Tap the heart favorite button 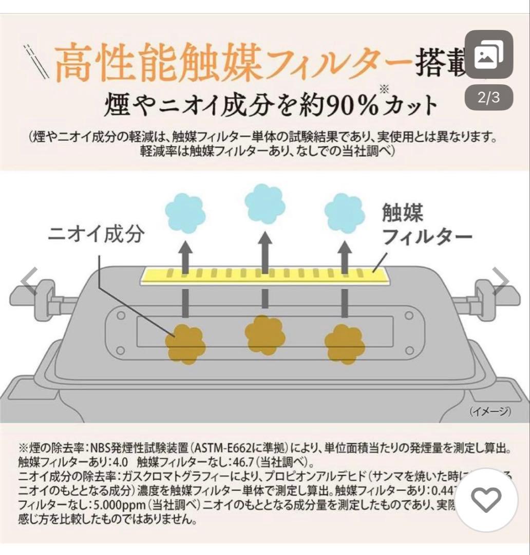pyautogui.click(x=486, y=499)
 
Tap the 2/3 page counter pyautogui.click(x=488, y=98)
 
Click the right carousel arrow pyautogui.click(x=501, y=282)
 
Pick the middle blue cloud pyautogui.click(x=264, y=203)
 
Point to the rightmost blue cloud pyautogui.click(x=345, y=210)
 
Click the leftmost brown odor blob pyautogui.click(x=184, y=344)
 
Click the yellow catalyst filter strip pyautogui.click(x=264, y=275)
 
